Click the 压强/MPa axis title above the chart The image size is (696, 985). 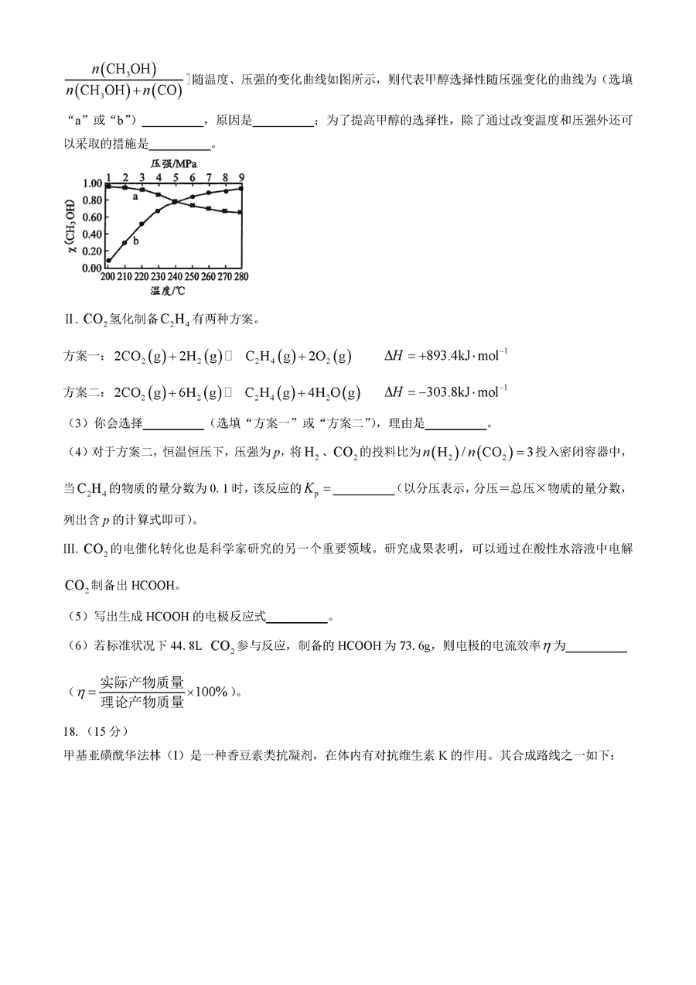point(173,164)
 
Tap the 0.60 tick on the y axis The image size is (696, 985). point(92,217)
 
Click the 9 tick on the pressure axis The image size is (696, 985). point(242,176)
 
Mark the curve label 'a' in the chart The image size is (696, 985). point(135,197)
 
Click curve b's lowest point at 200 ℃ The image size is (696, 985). point(108,261)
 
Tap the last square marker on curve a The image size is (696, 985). point(242,213)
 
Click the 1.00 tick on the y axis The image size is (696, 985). point(92,184)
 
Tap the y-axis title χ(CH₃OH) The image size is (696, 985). point(71,225)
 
